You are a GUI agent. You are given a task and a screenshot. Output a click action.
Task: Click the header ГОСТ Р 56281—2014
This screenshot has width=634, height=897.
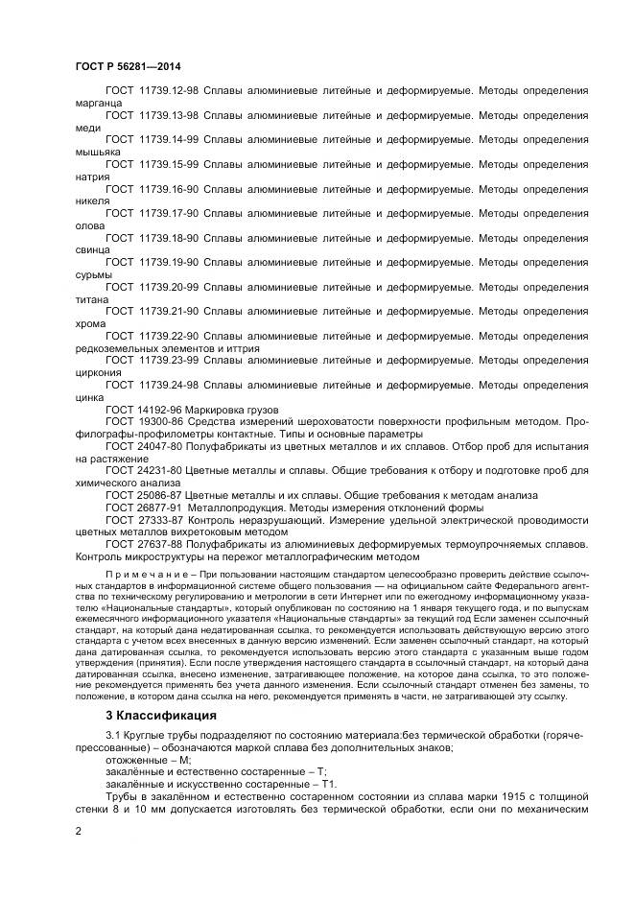pyautogui.click(x=128, y=65)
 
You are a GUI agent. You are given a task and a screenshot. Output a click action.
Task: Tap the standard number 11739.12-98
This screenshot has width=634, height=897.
pyautogui.click(x=167, y=90)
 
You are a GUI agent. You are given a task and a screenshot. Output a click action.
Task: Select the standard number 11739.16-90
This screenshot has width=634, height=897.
pyautogui.click(x=167, y=189)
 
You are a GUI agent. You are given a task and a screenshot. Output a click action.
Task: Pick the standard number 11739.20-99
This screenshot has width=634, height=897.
pyautogui.click(x=167, y=287)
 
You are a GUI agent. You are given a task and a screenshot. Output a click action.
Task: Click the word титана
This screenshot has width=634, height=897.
pyautogui.click(x=91, y=299)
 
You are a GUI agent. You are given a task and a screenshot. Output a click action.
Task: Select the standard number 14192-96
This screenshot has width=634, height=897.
pyautogui.click(x=159, y=409)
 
